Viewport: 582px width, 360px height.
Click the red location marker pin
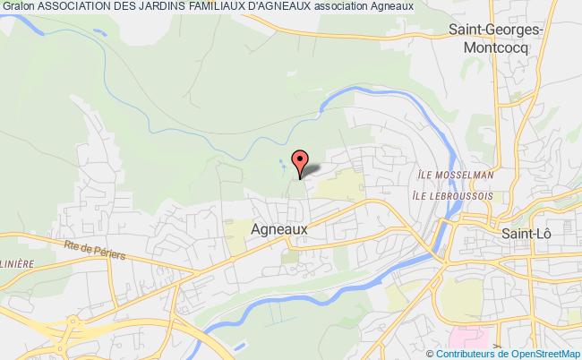pyautogui.click(x=300, y=159)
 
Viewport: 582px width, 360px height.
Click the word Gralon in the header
pyautogui.click(x=18, y=8)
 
